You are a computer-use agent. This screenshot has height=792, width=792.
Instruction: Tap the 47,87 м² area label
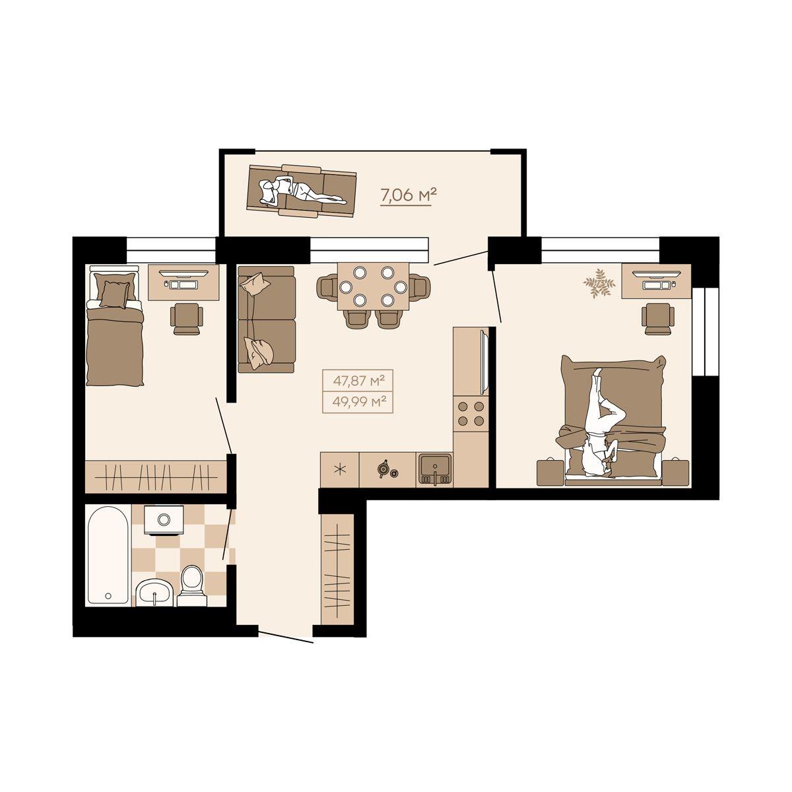(x=358, y=381)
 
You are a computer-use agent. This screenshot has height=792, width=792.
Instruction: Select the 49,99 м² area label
(x=358, y=401)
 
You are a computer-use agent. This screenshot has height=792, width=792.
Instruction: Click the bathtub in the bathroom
(x=108, y=556)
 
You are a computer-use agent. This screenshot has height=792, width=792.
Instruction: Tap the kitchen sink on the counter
(x=435, y=470)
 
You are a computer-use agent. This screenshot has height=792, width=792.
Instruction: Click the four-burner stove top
(x=471, y=413)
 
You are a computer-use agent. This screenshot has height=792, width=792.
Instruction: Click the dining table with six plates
(x=373, y=286)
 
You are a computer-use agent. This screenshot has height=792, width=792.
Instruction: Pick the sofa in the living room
(x=267, y=319)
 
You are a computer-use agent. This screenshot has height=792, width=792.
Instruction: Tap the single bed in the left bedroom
(x=114, y=325)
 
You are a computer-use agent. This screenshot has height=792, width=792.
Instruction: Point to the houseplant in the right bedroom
(x=599, y=282)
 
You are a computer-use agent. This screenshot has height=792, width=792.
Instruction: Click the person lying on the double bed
(x=601, y=423)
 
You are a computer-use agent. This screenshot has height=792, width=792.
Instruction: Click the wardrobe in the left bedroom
(x=156, y=477)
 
